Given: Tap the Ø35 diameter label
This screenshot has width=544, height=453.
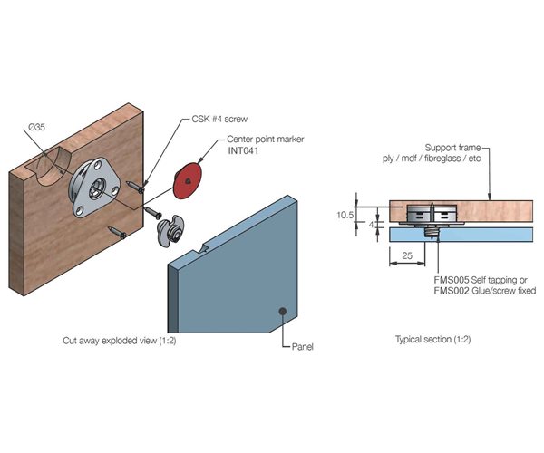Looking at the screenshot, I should click(x=36, y=129).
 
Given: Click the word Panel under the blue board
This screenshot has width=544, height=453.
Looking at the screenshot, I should click(x=304, y=347).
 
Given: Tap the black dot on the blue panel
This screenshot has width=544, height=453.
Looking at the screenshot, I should click(x=284, y=311).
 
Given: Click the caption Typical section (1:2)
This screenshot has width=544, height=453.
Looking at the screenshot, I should click(x=432, y=340).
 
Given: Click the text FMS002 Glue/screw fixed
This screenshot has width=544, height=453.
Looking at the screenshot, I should click(x=485, y=291).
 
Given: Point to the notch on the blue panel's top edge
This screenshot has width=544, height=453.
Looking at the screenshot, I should click(x=206, y=245).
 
